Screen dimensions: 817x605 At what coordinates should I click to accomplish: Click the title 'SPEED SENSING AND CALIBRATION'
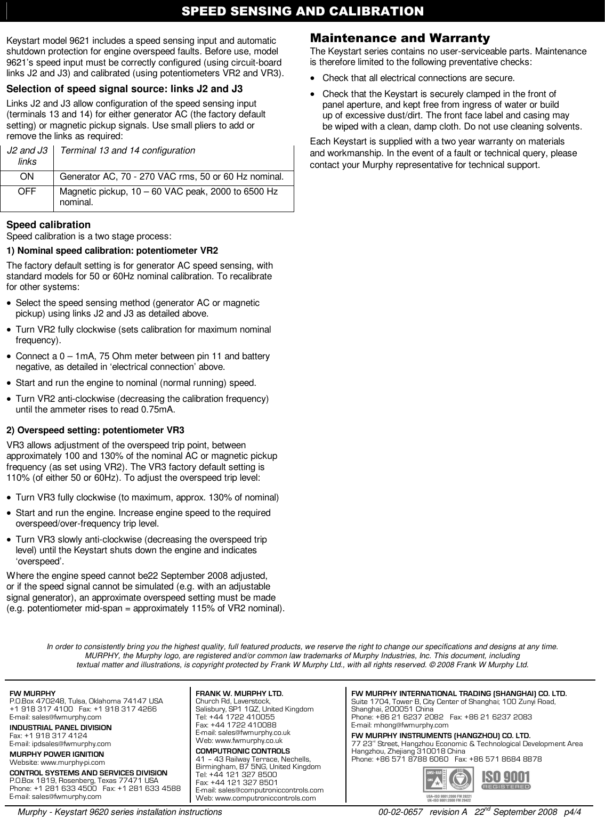coord(302,11)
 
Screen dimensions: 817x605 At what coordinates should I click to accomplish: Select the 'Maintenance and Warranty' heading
coord(400,38)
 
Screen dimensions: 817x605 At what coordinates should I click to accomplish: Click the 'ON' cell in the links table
coord(28,176)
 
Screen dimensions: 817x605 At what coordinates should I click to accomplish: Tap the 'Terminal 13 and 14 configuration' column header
coord(127,151)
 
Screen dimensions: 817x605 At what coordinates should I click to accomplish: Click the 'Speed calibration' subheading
coord(49,224)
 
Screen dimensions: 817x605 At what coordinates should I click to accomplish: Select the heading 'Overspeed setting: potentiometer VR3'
coord(95,430)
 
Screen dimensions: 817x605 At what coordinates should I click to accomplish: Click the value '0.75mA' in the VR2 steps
coord(162,410)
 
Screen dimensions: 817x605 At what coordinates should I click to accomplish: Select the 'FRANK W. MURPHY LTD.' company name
coord(239,694)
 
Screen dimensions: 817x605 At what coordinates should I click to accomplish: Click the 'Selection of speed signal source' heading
coord(124,88)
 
